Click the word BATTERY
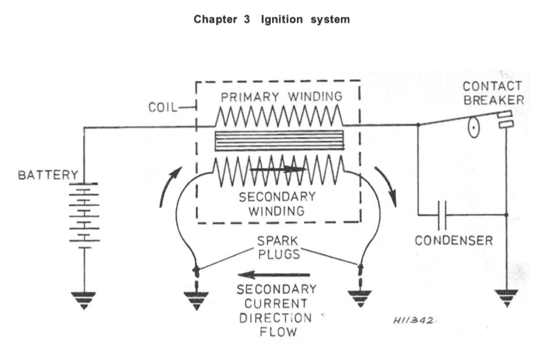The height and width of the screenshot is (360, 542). click(48, 176)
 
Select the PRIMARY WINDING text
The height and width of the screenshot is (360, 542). click(278, 95)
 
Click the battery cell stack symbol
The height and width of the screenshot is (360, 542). click(84, 213)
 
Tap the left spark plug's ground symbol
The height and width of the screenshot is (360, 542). click(197, 297)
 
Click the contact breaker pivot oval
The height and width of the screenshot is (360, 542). click(474, 129)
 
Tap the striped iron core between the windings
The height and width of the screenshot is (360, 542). click(278, 140)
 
